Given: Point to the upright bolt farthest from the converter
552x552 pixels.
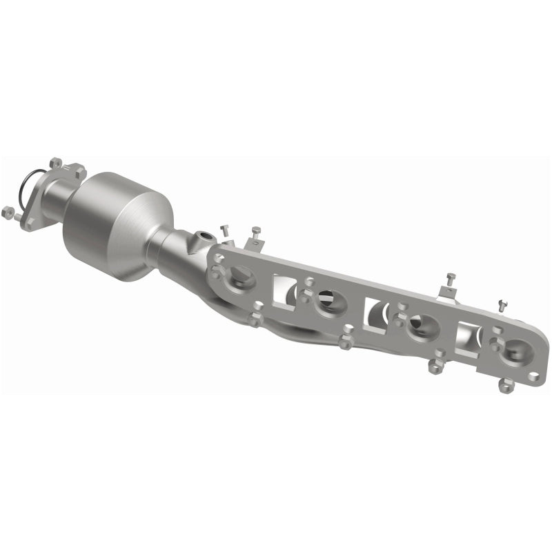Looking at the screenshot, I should click(x=502, y=304).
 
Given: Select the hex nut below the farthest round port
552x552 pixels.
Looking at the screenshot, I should click(x=506, y=386).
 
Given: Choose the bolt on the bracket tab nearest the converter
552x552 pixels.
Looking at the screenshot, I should click(x=256, y=234).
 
